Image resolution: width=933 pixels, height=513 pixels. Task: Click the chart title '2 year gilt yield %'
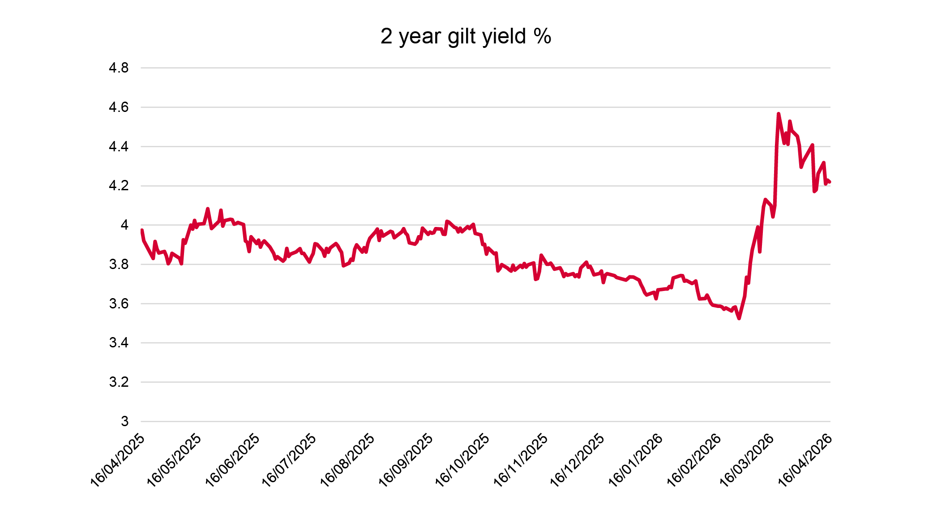pos(466,36)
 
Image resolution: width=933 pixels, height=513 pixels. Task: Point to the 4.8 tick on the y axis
pos(119,68)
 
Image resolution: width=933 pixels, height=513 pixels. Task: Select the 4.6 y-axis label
pos(119,107)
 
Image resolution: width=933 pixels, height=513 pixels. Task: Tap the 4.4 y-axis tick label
pos(119,146)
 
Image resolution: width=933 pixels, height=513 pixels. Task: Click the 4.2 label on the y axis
pos(119,186)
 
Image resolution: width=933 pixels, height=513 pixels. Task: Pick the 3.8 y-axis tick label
pos(119,264)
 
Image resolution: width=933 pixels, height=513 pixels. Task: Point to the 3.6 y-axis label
pos(119,304)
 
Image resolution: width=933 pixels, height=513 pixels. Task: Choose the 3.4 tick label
pos(119,343)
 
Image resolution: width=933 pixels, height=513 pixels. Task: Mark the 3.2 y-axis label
pos(119,382)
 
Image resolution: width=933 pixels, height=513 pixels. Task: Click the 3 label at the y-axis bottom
pos(124,421)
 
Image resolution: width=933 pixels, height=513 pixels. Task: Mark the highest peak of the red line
pos(779,114)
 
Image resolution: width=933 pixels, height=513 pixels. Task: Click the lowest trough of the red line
pos(739,318)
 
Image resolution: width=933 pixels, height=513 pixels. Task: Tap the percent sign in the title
pos(542,36)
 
